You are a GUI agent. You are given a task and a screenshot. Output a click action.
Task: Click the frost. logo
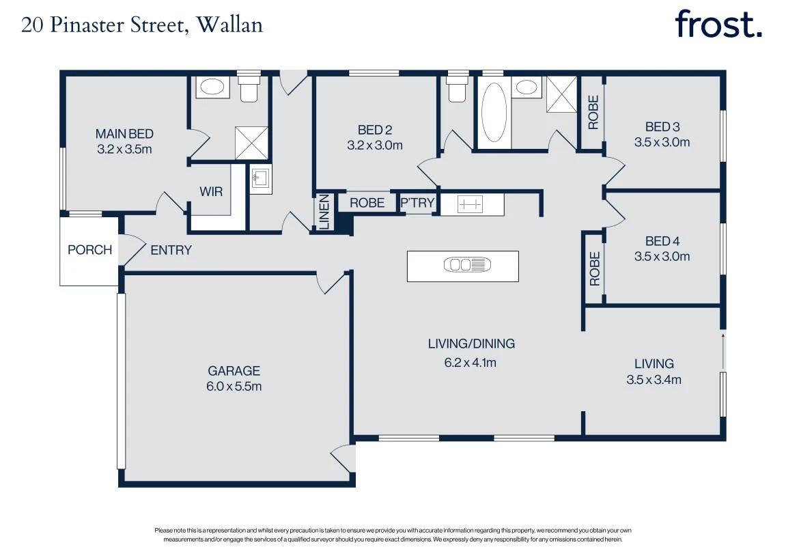(x=718, y=23)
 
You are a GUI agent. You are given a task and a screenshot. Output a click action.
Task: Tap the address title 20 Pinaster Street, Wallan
(x=142, y=25)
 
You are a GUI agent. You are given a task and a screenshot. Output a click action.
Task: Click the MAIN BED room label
(x=124, y=134)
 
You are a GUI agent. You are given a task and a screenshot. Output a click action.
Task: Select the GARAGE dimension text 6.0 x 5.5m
(x=234, y=387)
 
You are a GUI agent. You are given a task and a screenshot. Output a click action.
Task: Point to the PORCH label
(x=89, y=250)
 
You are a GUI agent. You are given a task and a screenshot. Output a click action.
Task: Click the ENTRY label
(x=171, y=250)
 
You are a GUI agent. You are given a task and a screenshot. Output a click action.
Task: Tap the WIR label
(x=211, y=191)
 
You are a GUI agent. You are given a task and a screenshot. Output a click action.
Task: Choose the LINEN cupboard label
(x=324, y=212)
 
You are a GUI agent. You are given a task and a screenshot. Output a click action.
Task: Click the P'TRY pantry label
(x=417, y=203)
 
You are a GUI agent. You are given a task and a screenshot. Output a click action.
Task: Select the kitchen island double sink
(x=467, y=265)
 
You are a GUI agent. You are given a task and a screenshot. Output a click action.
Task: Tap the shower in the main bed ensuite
(x=251, y=143)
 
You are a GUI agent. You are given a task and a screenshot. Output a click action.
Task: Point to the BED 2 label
(x=375, y=130)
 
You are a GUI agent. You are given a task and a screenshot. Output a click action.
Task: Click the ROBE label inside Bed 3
(x=593, y=113)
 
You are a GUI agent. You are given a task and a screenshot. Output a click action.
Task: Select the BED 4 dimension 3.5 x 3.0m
(x=662, y=257)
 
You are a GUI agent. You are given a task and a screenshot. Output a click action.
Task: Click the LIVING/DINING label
(x=471, y=344)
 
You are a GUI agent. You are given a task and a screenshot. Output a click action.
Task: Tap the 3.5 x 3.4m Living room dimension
(x=654, y=380)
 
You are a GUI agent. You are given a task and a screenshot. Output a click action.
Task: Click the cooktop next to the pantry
(x=471, y=204)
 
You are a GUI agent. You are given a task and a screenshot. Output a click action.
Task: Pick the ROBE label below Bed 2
(x=367, y=203)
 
